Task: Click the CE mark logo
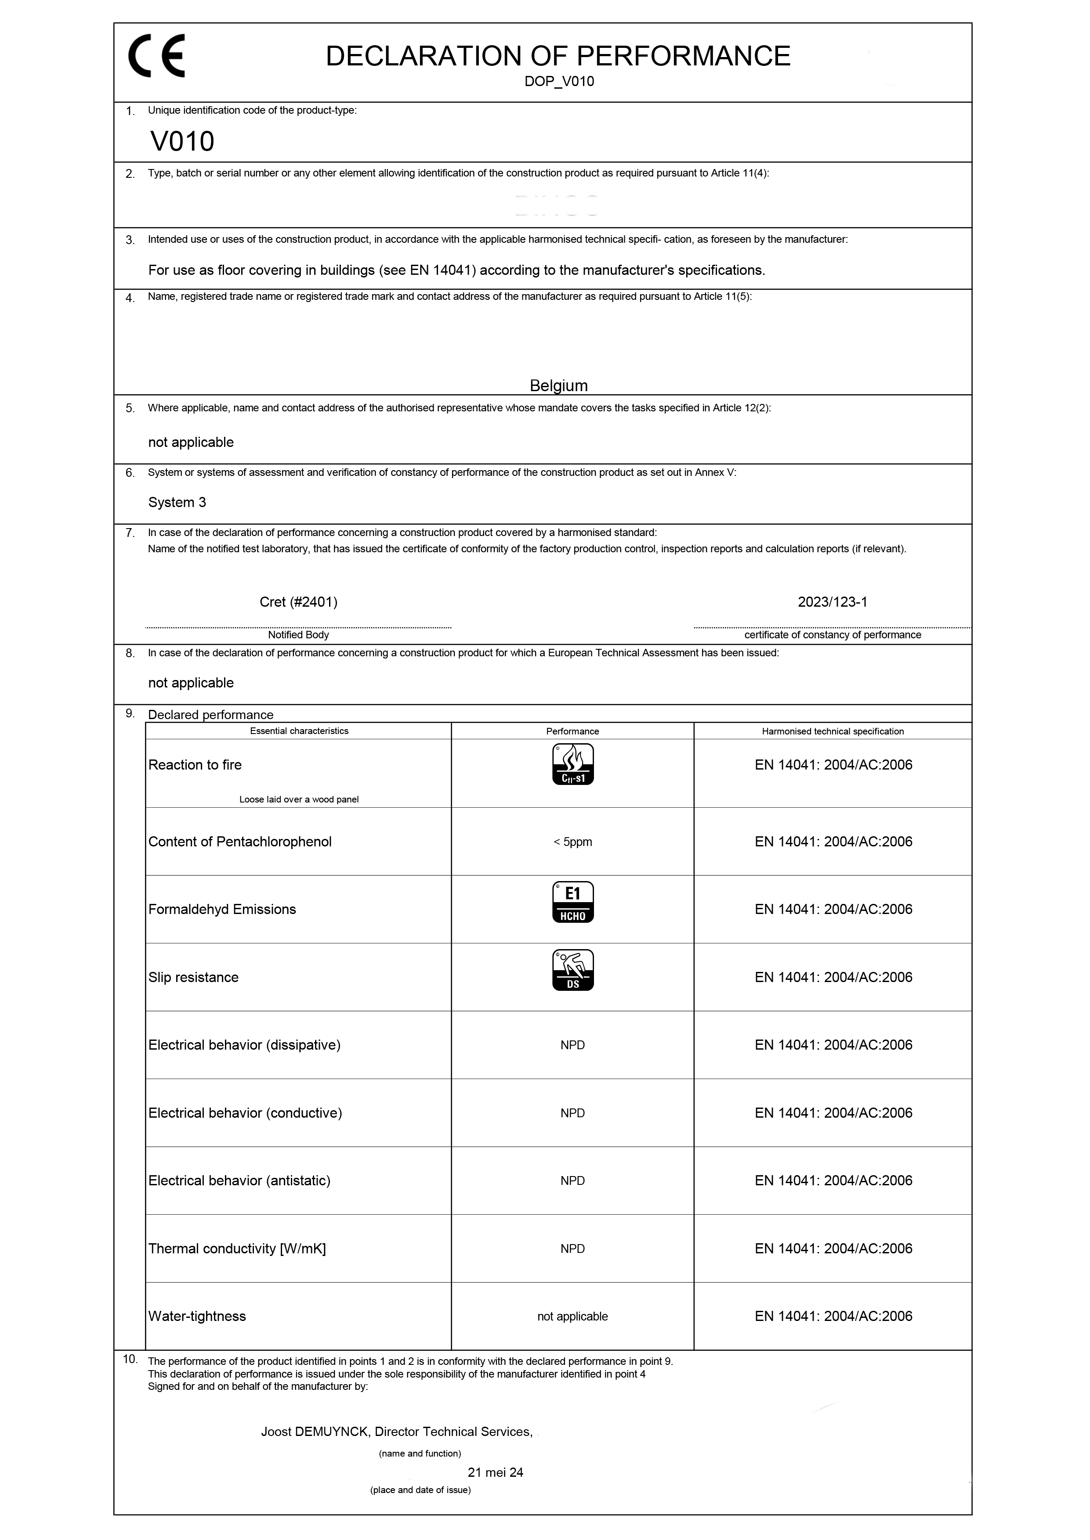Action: pos(156,56)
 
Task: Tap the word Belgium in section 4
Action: pos(558,386)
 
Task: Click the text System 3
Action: pos(177,502)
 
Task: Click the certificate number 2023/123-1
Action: pos(832,602)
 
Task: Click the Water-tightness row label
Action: pos(197,1317)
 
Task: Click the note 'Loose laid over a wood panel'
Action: pos(299,799)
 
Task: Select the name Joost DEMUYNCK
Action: pos(314,1432)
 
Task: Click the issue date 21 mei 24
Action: pos(495,1473)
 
